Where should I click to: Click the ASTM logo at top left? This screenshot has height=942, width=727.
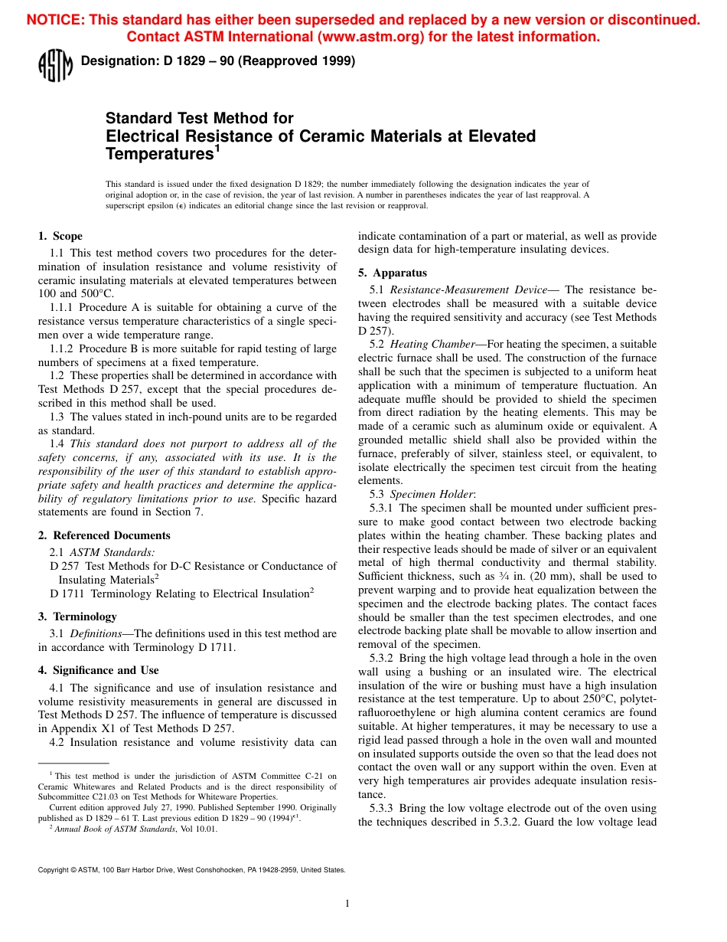(54, 66)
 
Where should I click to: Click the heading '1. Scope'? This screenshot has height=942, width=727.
(60, 236)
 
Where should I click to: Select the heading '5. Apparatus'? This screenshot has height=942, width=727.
(393, 273)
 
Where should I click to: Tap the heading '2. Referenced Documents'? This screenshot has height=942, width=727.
(104, 535)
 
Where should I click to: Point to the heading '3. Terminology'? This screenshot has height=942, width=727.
(77, 617)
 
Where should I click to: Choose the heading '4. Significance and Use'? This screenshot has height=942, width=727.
(99, 670)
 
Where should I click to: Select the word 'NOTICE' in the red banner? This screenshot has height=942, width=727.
(55, 20)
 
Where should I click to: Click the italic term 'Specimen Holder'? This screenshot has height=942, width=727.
(432, 494)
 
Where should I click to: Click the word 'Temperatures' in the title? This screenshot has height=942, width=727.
(159, 154)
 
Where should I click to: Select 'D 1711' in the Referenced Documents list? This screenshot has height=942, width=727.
(66, 593)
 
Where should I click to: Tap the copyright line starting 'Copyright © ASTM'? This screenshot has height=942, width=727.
(191, 869)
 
